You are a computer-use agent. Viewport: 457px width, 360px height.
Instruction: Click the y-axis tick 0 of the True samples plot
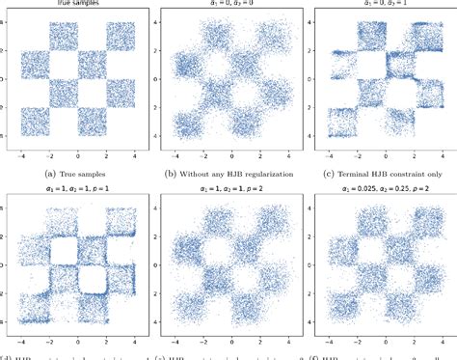click(7, 78)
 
